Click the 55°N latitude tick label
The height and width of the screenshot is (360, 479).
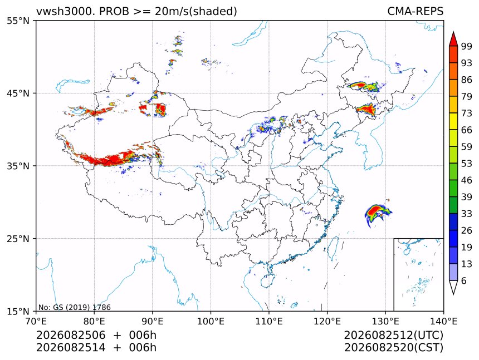18,21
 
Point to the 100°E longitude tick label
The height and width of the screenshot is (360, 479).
211,321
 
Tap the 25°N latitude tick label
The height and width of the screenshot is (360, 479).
18,238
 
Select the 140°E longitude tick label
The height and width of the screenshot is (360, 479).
443,321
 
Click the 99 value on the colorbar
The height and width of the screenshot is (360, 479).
467,46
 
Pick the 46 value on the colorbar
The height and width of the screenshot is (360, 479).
467,180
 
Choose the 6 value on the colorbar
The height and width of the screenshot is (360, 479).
464,280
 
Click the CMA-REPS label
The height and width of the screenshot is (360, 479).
415,11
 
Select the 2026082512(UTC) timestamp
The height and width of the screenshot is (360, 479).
393,335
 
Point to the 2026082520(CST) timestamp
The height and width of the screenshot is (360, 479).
393,348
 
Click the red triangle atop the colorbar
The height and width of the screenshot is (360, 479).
453,39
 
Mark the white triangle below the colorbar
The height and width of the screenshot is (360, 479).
453,287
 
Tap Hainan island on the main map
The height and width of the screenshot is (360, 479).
268,280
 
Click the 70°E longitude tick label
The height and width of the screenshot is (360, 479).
36,321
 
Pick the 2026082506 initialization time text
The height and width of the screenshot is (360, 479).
71,335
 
